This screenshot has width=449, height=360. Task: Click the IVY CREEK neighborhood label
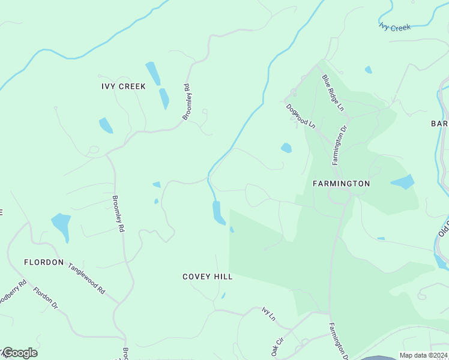(124, 86)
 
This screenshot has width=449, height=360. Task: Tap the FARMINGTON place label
(341, 183)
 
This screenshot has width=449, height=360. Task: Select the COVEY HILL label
(207, 277)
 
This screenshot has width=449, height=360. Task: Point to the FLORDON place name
(44, 262)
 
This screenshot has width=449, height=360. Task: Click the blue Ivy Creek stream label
(395, 27)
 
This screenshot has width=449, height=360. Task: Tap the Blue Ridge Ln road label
(333, 93)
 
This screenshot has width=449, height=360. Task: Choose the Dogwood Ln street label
(300, 116)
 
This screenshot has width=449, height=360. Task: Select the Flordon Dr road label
(46, 298)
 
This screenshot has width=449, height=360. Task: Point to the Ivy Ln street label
(268, 313)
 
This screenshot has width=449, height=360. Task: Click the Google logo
(19, 353)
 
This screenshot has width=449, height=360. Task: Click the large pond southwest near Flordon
(61, 226)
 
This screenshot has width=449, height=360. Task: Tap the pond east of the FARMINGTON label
(403, 182)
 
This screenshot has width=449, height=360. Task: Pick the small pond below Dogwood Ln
(286, 148)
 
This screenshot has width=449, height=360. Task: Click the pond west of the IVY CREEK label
(106, 125)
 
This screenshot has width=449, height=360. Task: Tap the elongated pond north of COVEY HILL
(218, 212)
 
